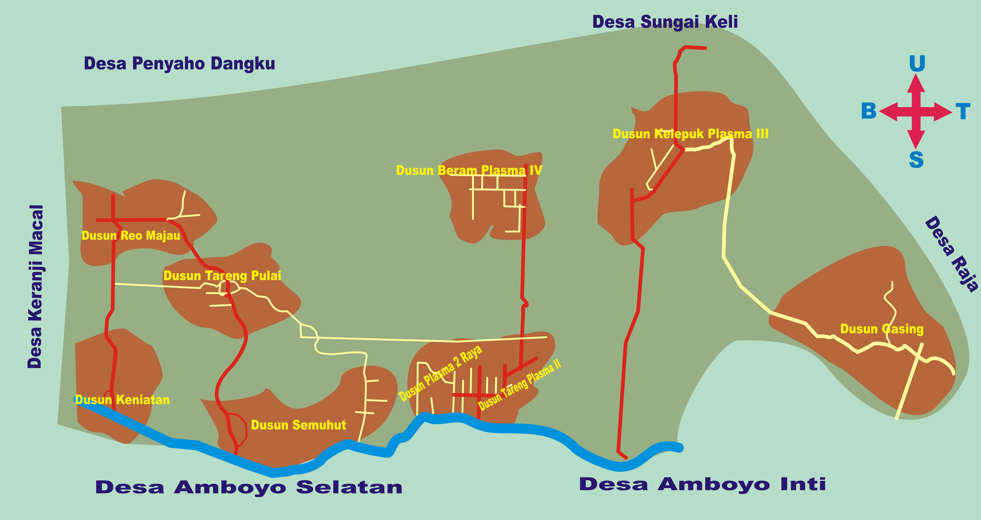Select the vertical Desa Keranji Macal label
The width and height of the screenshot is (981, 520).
[x=35, y=286]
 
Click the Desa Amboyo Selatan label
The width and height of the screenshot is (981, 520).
[x=249, y=487]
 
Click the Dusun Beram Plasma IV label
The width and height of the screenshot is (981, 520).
[x=469, y=170]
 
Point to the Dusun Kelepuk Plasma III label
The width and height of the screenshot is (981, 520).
[x=690, y=134]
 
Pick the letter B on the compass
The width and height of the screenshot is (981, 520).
[x=869, y=111]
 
